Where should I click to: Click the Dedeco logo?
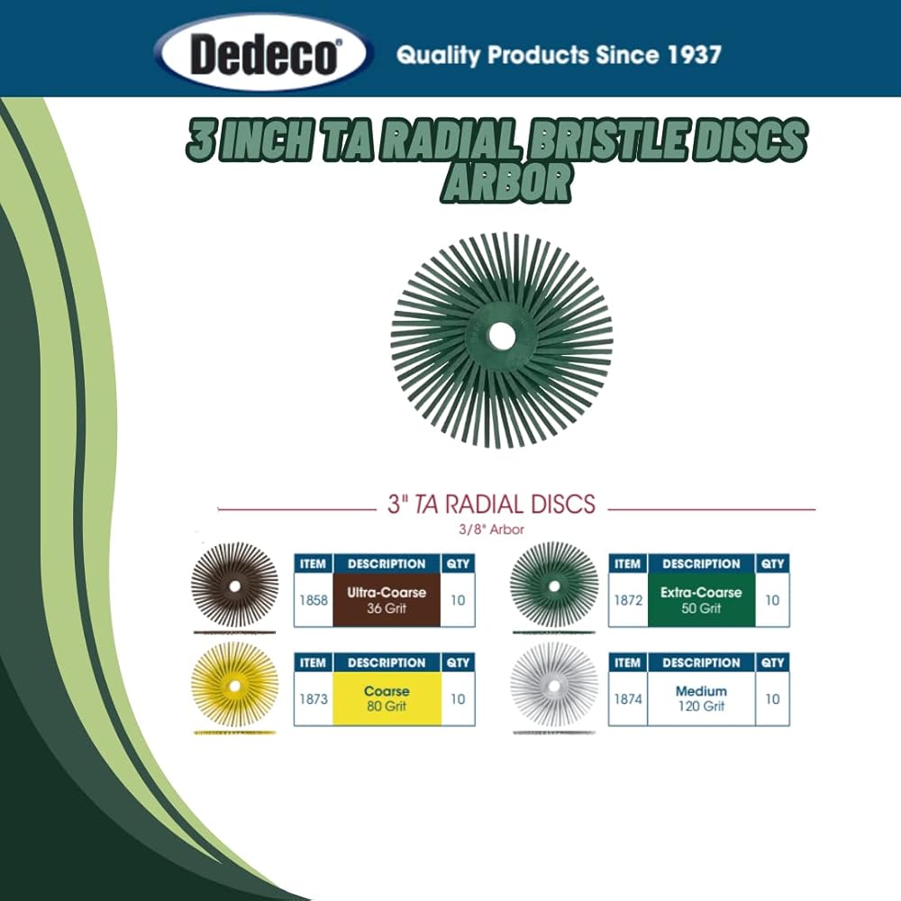click(264, 55)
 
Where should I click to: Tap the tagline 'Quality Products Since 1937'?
click(559, 55)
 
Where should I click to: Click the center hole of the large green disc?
click(502, 337)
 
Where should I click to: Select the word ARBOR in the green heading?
click(506, 183)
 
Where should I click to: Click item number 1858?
click(313, 599)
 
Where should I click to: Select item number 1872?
click(627, 599)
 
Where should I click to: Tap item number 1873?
click(313, 698)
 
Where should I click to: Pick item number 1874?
click(627, 698)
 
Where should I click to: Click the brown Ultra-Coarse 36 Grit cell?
click(387, 600)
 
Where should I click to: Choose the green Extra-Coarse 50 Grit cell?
click(701, 600)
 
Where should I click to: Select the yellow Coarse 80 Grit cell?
click(387, 699)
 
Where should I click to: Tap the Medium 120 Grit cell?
click(701, 699)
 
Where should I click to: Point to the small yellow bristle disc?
click(234, 685)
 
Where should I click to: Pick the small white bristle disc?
click(553, 685)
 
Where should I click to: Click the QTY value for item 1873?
click(458, 698)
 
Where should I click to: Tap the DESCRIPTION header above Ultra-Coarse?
click(387, 564)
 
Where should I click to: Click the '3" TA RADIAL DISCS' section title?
click(491, 504)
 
